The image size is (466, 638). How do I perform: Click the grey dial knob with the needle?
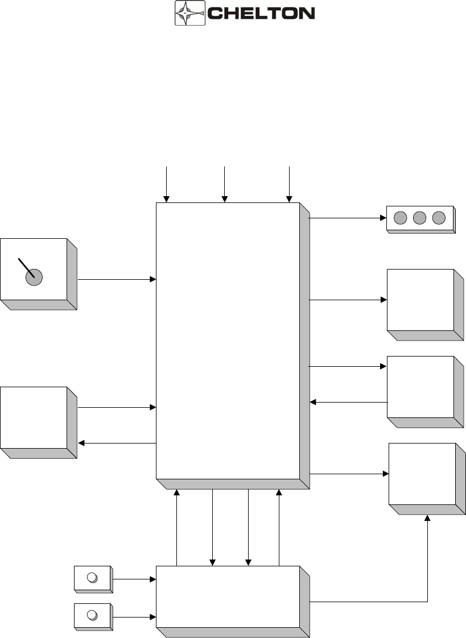click(x=35, y=277)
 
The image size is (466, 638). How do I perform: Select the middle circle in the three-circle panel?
click(x=420, y=218)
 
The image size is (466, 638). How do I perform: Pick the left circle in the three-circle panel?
click(x=401, y=218)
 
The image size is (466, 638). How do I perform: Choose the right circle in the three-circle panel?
click(x=439, y=218)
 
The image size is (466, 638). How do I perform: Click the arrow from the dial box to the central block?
click(x=117, y=279)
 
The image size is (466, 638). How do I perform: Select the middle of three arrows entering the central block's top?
click(x=225, y=184)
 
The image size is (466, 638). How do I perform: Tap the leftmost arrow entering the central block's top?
click(x=166, y=184)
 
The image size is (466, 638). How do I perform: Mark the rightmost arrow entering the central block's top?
click(x=290, y=184)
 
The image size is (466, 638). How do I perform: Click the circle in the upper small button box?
click(x=92, y=578)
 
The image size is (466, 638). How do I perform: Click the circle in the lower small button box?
click(x=92, y=615)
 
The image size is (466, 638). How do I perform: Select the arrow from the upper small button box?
click(x=134, y=579)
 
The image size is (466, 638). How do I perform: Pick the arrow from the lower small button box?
click(x=134, y=616)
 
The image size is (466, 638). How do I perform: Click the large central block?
click(x=228, y=341)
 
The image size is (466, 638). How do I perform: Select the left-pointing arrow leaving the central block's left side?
click(x=117, y=443)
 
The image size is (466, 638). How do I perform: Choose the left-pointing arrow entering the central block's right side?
click(x=348, y=403)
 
